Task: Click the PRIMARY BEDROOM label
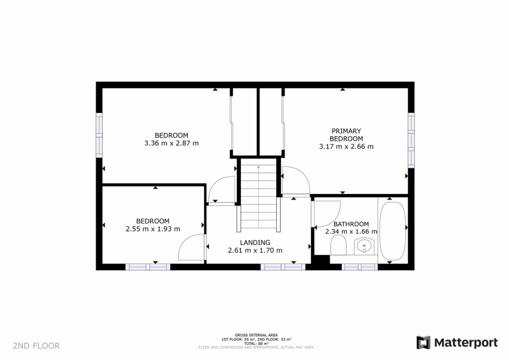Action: click(x=346, y=135)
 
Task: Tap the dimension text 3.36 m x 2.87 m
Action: click(x=171, y=143)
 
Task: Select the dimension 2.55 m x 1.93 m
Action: click(x=153, y=229)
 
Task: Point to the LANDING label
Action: click(x=254, y=242)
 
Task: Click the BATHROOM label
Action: click(x=351, y=224)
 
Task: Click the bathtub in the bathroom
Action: click(x=393, y=231)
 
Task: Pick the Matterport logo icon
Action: click(x=424, y=343)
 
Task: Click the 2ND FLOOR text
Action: click(x=36, y=346)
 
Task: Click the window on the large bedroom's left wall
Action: click(x=99, y=136)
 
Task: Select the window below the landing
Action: click(x=283, y=267)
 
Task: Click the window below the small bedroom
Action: click(x=148, y=267)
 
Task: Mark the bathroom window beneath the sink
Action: click(x=360, y=267)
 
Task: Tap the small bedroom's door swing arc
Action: click(x=191, y=247)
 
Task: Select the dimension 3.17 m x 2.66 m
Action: click(x=346, y=147)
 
